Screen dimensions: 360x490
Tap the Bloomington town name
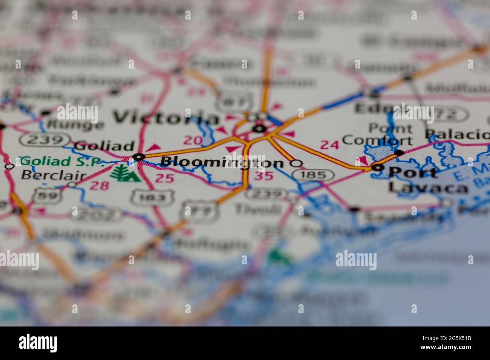point(222,162)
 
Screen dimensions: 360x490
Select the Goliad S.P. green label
point(61,162)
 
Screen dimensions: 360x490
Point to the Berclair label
point(54,175)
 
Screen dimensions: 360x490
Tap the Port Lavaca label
point(413,179)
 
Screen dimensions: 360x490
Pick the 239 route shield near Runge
point(45,140)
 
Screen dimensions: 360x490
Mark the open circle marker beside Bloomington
point(297,163)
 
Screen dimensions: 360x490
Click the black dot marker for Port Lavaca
point(377,168)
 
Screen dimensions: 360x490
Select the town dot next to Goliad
point(139,157)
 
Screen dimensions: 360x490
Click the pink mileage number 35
point(263,175)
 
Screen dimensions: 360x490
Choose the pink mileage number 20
point(193,140)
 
